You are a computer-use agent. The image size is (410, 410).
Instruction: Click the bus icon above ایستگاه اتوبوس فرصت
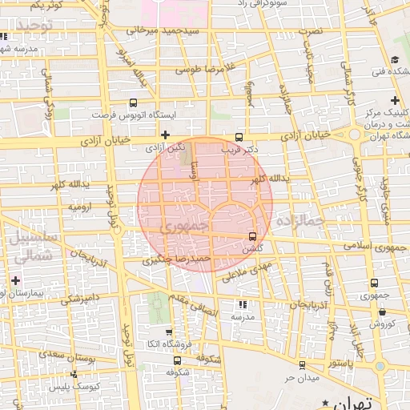point(133,102)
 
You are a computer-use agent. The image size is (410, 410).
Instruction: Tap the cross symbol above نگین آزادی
point(165,135)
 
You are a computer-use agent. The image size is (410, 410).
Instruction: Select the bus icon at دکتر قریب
point(239,137)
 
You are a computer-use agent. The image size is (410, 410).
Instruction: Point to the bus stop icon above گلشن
point(253,236)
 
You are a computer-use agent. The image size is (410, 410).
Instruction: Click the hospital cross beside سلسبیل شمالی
point(16,279)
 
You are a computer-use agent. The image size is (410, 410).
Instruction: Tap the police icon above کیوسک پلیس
point(74,374)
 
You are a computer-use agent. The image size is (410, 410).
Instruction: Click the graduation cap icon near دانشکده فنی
point(396,60)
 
